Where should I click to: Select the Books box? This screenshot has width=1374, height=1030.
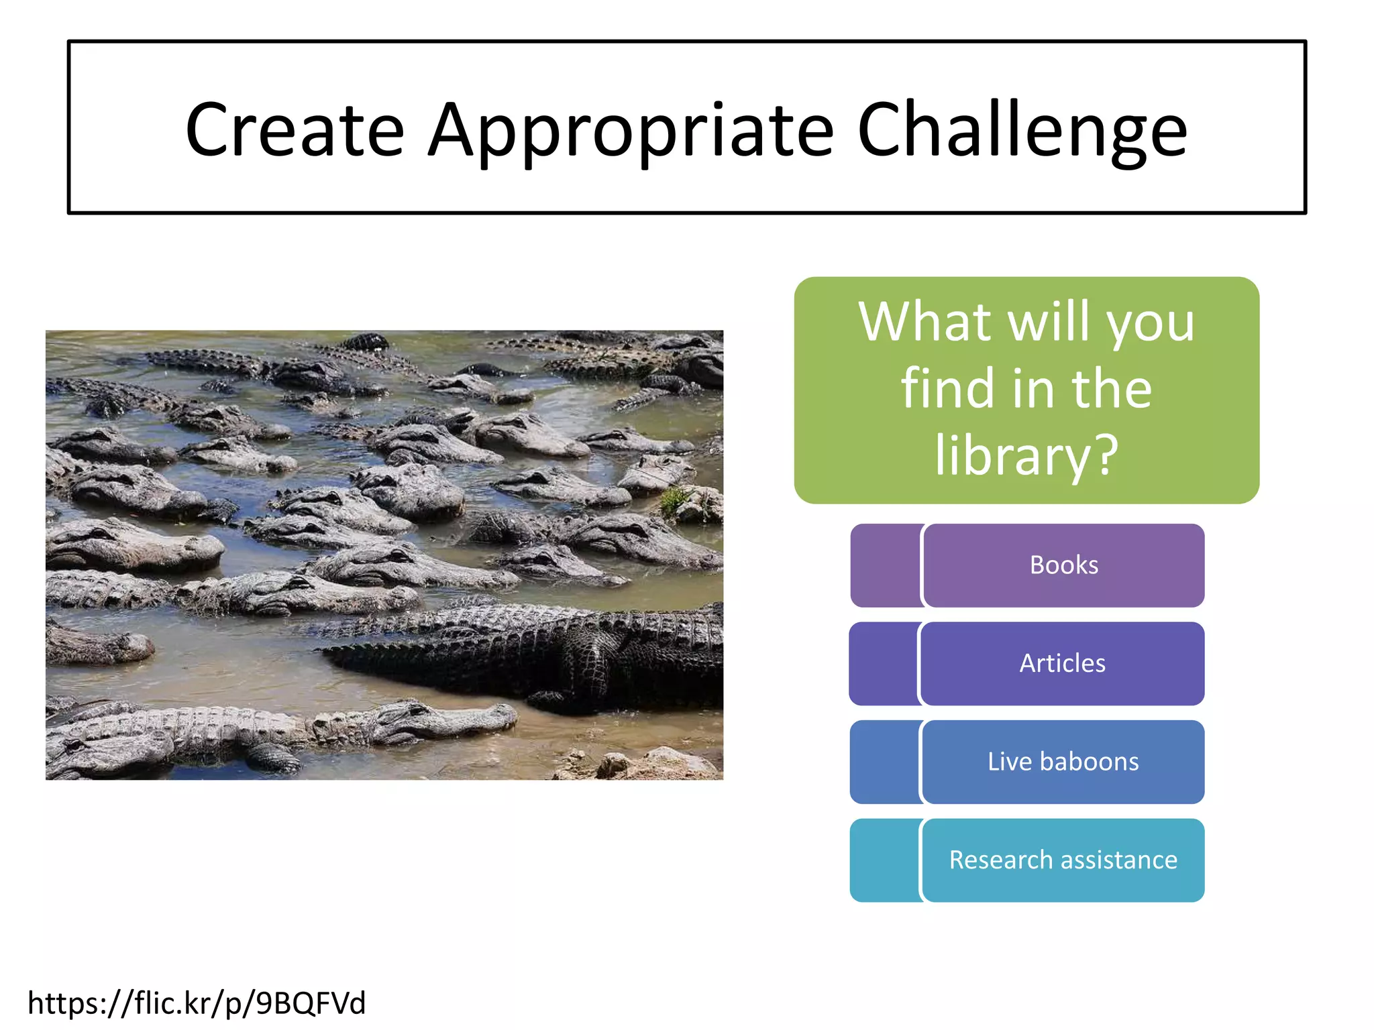pyautogui.click(x=1063, y=565)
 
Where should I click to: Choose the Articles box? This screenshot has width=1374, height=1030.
pyautogui.click(x=1062, y=664)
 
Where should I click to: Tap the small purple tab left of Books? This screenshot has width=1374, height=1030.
pyautogui.click(x=884, y=565)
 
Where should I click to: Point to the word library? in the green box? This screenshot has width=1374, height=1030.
pyautogui.click(x=1026, y=455)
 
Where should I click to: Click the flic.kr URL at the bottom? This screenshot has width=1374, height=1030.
pyautogui.click(x=197, y=1003)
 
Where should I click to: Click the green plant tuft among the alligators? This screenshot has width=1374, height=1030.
pyautogui.click(x=674, y=500)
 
